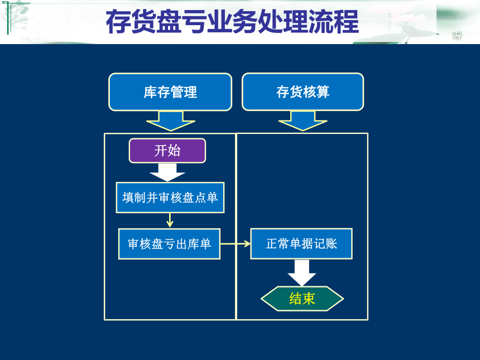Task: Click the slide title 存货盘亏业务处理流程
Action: [232, 21]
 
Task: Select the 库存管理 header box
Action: [170, 92]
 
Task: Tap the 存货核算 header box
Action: [303, 92]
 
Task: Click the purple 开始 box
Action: [167, 151]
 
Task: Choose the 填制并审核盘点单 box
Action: [170, 198]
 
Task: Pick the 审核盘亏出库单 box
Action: [169, 244]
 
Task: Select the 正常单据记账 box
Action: [301, 244]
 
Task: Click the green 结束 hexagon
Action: [302, 299]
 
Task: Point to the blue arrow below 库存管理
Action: [170, 121]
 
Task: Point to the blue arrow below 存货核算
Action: [303, 121]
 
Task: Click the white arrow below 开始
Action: [167, 172]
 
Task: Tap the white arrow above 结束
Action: [302, 273]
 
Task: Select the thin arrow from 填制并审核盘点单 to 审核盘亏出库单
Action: [170, 220]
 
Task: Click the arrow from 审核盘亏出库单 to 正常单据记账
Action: [236, 244]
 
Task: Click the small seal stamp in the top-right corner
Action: [457, 36]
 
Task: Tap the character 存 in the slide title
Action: [118, 21]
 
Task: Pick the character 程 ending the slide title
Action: [346, 21]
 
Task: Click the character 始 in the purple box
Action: [174, 151]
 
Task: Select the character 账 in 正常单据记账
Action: [331, 244]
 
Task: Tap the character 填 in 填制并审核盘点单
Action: [128, 198]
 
